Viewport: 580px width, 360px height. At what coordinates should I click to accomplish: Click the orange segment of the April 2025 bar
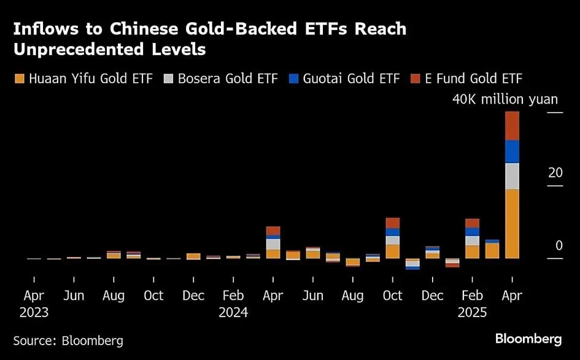(511, 223)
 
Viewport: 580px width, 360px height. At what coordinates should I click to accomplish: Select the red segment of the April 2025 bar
(511, 126)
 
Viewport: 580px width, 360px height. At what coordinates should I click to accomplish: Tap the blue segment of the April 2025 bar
(511, 151)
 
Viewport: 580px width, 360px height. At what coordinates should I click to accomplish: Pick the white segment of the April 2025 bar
(511, 176)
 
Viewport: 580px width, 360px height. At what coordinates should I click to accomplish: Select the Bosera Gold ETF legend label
(228, 79)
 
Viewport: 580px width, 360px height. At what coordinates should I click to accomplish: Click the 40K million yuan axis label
(505, 99)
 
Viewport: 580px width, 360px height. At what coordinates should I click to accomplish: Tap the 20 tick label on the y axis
(555, 173)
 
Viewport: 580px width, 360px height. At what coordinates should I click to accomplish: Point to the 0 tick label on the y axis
(559, 245)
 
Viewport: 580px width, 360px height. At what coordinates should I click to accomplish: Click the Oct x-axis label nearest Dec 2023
(153, 296)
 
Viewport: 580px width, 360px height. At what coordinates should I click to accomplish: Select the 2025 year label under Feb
(471, 312)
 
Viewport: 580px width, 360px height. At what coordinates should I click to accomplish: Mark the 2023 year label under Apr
(34, 312)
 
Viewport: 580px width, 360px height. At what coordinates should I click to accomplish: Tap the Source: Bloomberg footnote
(68, 340)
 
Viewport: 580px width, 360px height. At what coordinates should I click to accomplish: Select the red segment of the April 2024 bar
(273, 231)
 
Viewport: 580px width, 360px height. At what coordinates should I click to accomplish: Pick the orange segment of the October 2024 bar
(392, 251)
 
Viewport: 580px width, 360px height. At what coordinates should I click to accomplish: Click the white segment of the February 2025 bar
(472, 240)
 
